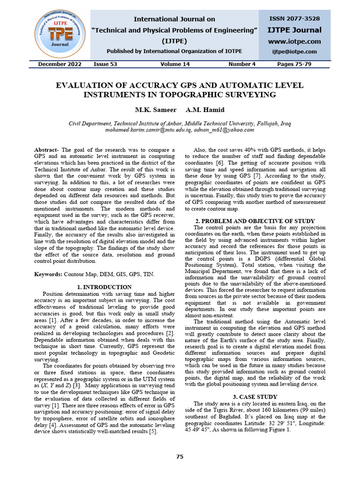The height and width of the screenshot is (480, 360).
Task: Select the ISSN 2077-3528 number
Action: click(294, 19)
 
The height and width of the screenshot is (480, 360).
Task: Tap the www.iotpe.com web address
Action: click(294, 41)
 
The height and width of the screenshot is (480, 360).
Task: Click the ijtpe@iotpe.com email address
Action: click(294, 52)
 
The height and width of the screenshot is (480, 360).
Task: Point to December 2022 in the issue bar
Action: click(60, 64)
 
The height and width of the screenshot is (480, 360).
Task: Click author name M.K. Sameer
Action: click(156, 110)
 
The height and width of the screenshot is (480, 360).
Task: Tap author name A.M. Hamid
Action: click(205, 110)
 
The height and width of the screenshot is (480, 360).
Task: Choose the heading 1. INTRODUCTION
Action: click(104, 287)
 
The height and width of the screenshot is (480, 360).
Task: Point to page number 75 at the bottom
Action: click(180, 457)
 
